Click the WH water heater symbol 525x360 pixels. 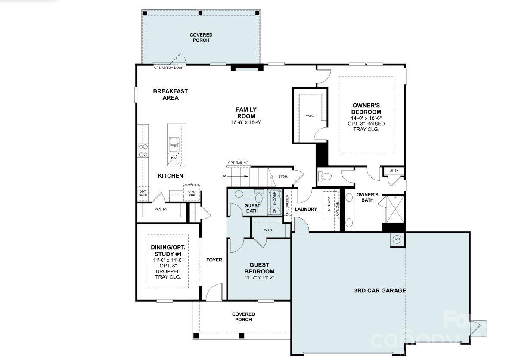tap(397, 239)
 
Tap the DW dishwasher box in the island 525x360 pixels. tap(174, 158)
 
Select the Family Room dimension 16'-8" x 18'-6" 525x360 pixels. tap(246, 122)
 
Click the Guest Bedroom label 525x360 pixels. tap(259, 268)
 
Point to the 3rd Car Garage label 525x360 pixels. tap(380, 290)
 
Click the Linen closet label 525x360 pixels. tap(394, 171)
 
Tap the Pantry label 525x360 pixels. tap(161, 209)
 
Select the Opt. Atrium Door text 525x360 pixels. tap(168, 68)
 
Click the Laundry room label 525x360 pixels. tap(306, 209)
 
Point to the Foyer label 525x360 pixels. tap(214, 260)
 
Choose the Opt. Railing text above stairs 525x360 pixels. tap(238, 163)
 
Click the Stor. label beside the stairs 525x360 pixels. tap(283, 176)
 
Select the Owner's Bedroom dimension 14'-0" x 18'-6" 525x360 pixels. tap(366, 118)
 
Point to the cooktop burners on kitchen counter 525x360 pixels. tap(143, 151)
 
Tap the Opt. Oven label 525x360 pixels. tap(143, 193)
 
